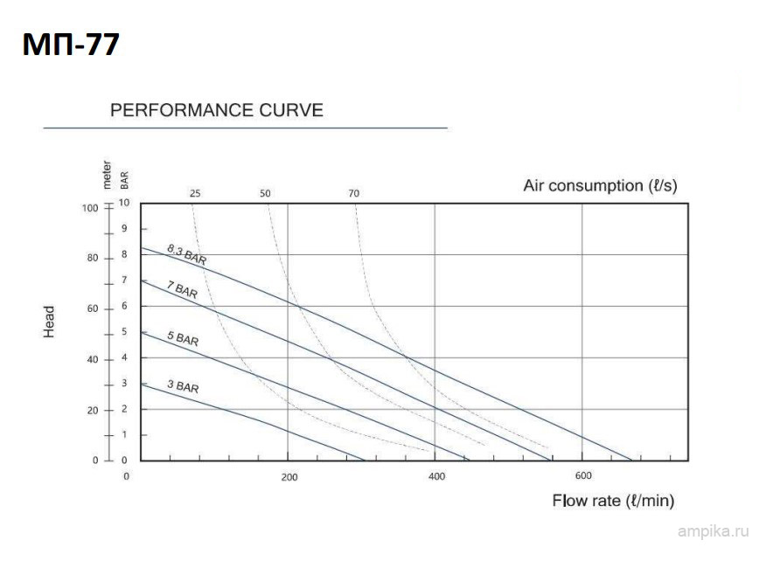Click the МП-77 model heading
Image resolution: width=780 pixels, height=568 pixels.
point(71,44)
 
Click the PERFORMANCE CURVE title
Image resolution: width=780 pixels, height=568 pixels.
point(216,111)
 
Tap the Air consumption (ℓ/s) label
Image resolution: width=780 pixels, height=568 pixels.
point(600,185)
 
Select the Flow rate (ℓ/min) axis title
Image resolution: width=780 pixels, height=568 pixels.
point(613,501)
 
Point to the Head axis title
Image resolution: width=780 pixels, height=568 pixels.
point(50,322)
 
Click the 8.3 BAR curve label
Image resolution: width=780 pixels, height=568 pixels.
point(186,255)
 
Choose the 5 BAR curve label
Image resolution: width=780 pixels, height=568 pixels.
point(182,338)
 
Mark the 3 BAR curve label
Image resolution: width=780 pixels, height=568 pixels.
point(182,385)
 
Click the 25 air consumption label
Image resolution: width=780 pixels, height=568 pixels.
point(194,194)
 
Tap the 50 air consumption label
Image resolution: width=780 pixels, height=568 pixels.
point(265,194)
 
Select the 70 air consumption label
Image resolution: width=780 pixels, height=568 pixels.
point(353,194)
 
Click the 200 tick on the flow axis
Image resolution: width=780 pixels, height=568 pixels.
point(289,477)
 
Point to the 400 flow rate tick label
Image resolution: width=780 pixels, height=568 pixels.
point(437,476)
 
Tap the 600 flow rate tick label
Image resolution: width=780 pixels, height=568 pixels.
point(583,475)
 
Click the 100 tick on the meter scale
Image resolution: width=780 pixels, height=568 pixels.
point(90,207)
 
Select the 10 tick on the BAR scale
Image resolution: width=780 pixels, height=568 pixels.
point(124,203)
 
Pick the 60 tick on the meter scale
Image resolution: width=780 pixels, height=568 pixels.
point(92,308)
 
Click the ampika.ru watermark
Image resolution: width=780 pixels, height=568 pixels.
point(714,530)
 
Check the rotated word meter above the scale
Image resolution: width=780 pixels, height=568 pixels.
point(107,175)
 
